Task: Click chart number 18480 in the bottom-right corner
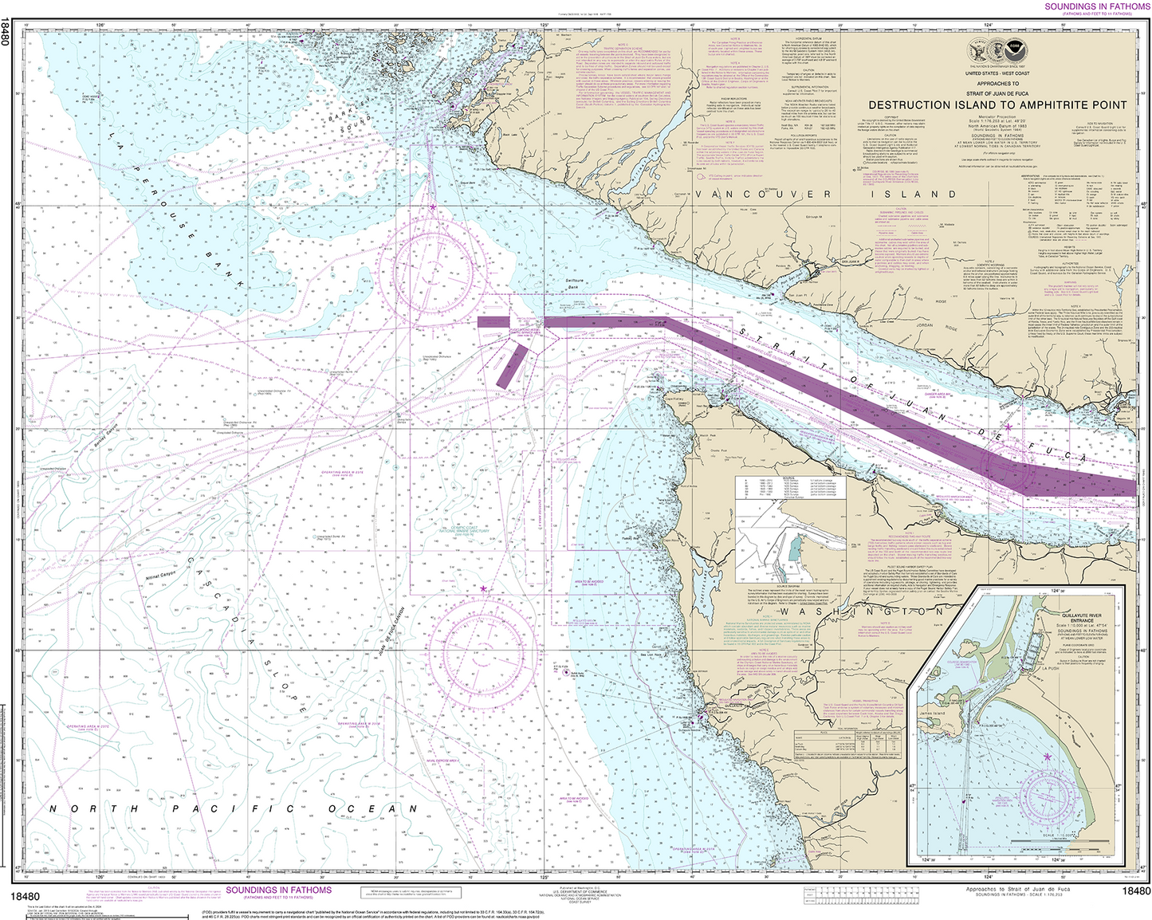coord(1135,891)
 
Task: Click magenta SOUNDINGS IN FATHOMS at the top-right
coord(1097,6)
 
